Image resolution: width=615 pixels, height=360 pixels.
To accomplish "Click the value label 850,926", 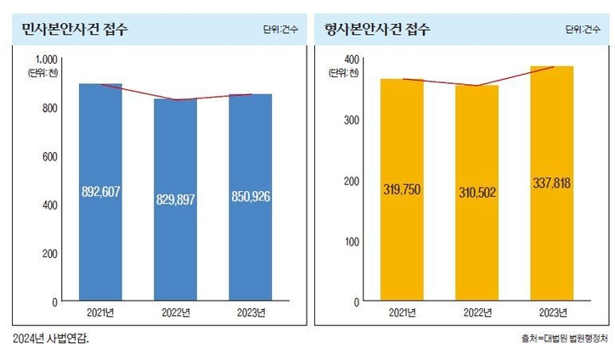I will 251,196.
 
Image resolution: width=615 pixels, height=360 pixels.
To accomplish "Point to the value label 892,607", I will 100,192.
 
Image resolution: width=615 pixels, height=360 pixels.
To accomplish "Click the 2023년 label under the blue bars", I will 251,311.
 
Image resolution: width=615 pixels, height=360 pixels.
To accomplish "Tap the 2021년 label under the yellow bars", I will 402,311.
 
